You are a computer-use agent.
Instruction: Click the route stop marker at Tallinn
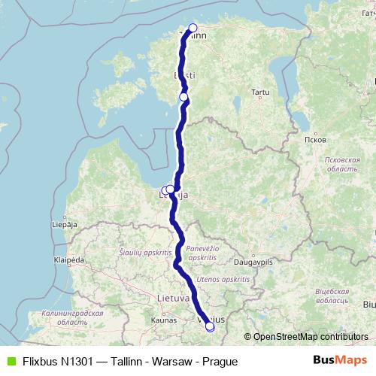(x=193, y=29)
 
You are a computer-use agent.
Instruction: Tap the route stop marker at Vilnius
(x=210, y=326)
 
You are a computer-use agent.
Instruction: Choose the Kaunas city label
(x=163, y=320)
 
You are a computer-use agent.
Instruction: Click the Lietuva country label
(x=173, y=299)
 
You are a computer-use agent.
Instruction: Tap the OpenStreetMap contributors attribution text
(x=307, y=336)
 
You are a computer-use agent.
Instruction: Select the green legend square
(x=11, y=362)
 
